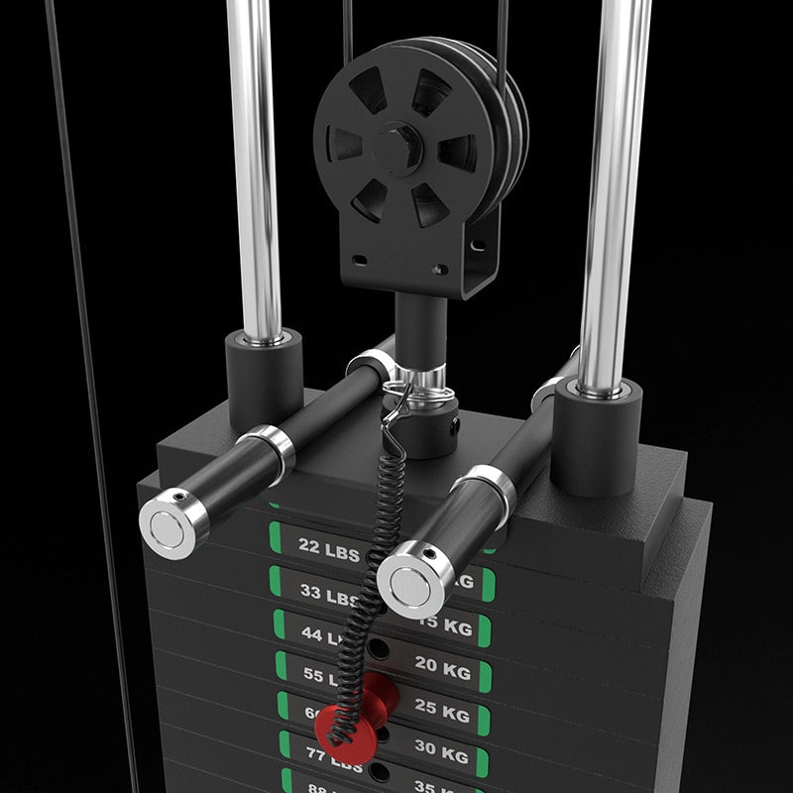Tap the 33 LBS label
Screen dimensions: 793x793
point(327,595)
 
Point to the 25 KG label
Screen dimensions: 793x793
point(442,712)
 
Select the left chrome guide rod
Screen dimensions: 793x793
point(253,169)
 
